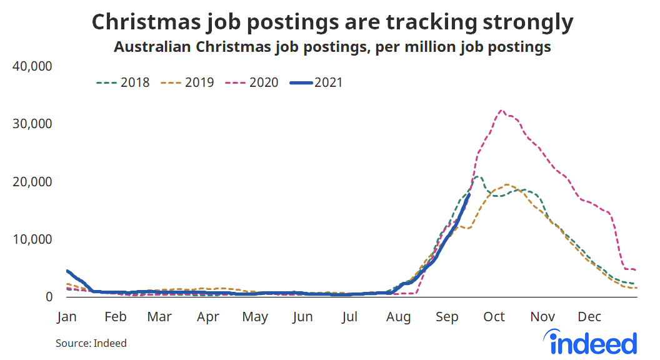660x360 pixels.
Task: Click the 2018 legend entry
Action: [x=123, y=82]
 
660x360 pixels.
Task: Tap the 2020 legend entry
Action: [x=252, y=82]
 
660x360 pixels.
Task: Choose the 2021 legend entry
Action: [x=318, y=82]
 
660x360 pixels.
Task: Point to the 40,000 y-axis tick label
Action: [x=32, y=66]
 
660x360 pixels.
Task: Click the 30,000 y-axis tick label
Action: [x=32, y=124]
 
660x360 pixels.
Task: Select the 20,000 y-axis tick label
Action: [x=32, y=182]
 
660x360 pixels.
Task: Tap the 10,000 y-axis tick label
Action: [x=32, y=239]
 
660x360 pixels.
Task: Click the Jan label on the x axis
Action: [x=67, y=317]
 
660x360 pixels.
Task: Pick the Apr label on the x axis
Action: [x=208, y=317]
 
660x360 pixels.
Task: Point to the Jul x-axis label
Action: [x=350, y=317]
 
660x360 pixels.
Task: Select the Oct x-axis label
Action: [x=494, y=317]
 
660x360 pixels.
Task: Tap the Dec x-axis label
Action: [x=589, y=317]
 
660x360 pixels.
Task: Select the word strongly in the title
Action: [x=526, y=22]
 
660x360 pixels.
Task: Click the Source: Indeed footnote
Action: [x=91, y=343]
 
